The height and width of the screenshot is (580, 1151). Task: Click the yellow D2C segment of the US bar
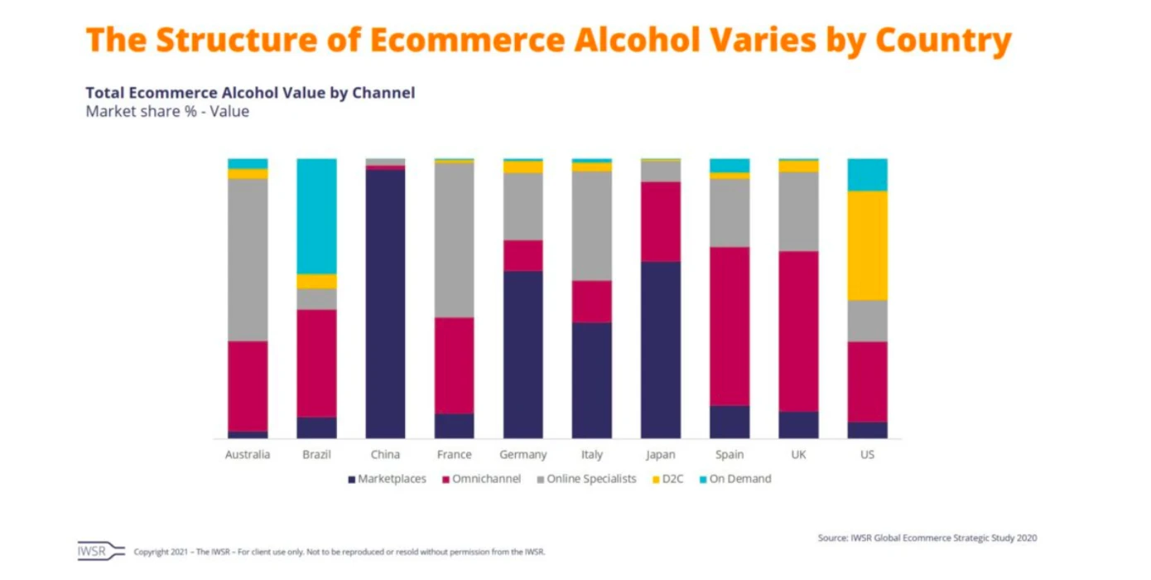click(x=867, y=245)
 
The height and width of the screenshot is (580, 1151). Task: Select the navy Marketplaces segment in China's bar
click(x=385, y=303)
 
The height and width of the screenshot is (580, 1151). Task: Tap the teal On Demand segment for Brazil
click(x=316, y=215)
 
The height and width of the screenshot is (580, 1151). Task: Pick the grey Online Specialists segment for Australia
click(x=248, y=259)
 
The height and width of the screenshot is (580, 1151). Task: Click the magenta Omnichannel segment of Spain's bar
click(x=730, y=326)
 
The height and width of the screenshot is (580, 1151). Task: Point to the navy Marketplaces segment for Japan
click(x=661, y=350)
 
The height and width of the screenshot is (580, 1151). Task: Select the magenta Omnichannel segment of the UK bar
click(x=798, y=331)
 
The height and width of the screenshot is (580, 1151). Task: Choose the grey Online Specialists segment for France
click(x=454, y=239)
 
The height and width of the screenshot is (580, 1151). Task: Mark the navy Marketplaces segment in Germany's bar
click(x=523, y=354)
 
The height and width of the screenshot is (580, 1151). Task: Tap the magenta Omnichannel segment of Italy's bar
click(x=592, y=301)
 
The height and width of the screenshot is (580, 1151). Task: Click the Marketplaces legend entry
click(x=387, y=479)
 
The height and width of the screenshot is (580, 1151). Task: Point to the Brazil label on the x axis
click(x=316, y=455)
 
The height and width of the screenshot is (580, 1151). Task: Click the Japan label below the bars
click(x=661, y=455)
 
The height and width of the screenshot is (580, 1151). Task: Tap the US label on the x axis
click(x=867, y=455)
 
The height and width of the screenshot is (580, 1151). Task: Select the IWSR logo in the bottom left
click(x=100, y=551)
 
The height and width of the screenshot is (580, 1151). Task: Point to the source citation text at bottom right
click(x=927, y=538)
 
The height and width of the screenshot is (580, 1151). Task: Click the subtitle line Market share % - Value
click(x=167, y=111)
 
